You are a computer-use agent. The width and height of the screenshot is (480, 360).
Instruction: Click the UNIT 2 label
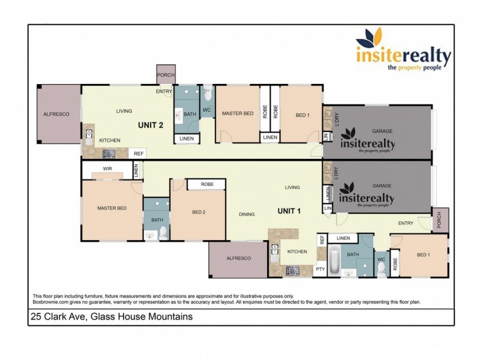coord(151,125)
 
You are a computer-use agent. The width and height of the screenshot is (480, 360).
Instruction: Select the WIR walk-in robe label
coord(107,169)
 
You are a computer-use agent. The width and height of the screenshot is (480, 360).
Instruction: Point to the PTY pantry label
coord(320,269)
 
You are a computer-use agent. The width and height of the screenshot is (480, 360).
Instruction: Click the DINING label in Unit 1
coord(247,214)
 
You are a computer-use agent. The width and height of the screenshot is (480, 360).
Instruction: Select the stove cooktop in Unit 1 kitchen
coord(293,271)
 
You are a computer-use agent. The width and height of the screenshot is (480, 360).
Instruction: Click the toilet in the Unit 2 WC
coord(208,95)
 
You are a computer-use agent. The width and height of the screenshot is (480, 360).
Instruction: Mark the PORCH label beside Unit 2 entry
coord(166,75)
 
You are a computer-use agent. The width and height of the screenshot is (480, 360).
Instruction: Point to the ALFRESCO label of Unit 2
coord(57,113)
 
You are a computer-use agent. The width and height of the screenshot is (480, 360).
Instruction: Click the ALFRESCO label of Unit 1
coord(239,258)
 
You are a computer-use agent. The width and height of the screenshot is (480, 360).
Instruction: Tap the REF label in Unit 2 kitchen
coord(139,154)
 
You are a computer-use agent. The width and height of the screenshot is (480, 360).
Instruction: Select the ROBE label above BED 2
coord(208,184)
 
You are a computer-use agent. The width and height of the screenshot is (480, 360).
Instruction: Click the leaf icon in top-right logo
coord(367,41)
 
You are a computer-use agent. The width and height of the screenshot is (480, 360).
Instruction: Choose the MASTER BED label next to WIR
coord(112,208)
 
